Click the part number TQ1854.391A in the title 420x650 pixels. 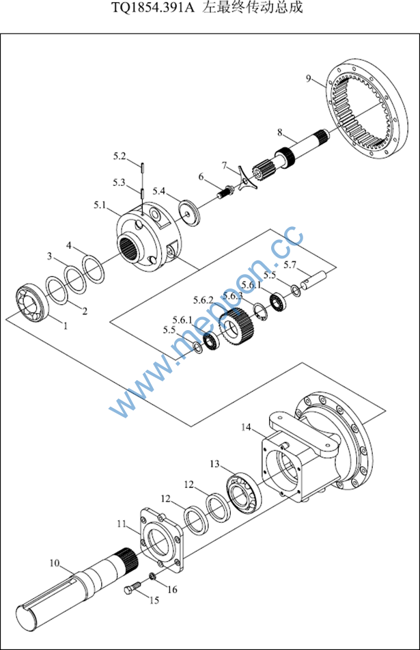coord(154,9)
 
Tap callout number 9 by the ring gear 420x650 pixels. coord(310,79)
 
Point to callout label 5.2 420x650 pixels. coord(120,157)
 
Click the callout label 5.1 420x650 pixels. coord(100,204)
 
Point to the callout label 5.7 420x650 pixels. coord(290,265)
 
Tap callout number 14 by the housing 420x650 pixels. coord(247,428)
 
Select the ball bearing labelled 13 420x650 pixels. coord(244,496)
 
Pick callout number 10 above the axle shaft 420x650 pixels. coord(55,563)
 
